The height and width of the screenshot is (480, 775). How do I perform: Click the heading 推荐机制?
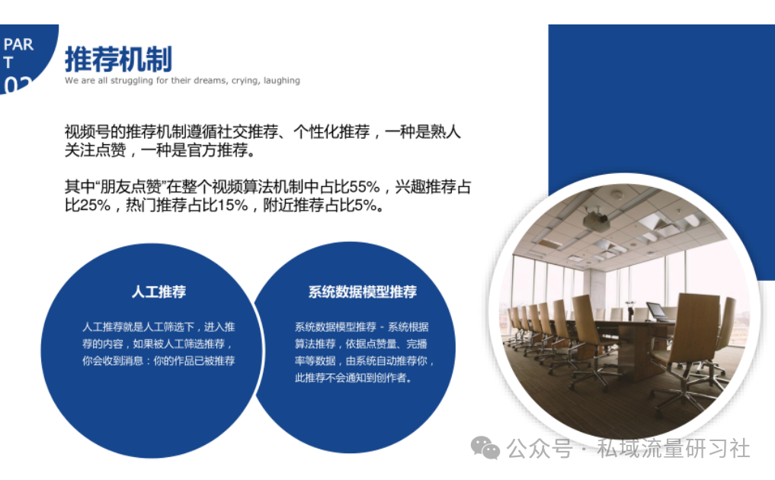tap(119, 60)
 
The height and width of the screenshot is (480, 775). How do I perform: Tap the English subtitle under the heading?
tap(182, 81)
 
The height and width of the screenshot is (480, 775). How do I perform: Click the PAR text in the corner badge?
tap(18, 44)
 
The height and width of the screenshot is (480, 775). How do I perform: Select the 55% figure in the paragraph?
tap(365, 187)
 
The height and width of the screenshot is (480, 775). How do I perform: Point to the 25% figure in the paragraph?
tap(95, 205)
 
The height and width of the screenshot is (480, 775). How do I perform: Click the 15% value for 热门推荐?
tap(232, 205)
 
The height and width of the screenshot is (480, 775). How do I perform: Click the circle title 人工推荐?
tap(159, 292)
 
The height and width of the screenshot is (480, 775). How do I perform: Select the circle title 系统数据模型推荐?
tap(362, 292)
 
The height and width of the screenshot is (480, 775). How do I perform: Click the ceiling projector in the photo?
tap(596, 221)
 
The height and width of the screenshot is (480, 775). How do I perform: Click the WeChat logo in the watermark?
tap(485, 448)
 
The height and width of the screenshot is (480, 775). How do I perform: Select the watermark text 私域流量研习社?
tap(673, 448)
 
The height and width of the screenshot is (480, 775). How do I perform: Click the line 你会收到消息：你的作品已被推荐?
tap(159, 361)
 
